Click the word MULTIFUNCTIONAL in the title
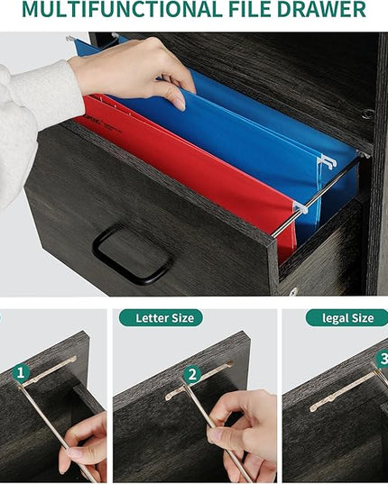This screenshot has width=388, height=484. [122, 9]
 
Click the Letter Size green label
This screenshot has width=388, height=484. [161, 318]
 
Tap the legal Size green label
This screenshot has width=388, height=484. [347, 318]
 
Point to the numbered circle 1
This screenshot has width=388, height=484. [21, 373]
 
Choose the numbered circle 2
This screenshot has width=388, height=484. [192, 375]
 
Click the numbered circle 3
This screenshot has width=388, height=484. [382, 360]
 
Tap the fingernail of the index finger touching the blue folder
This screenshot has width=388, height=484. [179, 103]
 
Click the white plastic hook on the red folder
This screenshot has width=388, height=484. [300, 207]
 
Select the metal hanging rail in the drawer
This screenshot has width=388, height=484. [317, 195]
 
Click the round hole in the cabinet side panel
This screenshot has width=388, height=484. [367, 114]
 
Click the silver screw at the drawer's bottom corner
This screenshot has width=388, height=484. [292, 291]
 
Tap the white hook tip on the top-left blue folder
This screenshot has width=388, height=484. [70, 39]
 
